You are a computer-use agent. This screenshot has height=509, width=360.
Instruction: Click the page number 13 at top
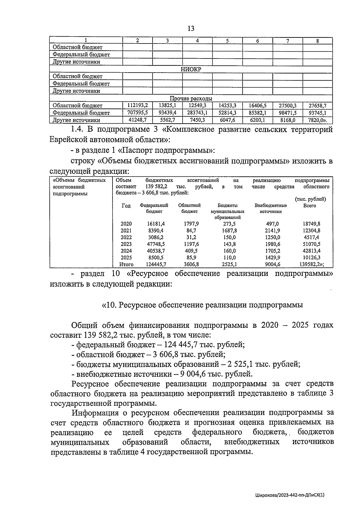click(x=191, y=28)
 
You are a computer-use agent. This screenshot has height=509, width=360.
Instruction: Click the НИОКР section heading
click(x=191, y=69)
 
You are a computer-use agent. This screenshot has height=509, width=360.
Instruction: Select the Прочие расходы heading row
click(x=191, y=98)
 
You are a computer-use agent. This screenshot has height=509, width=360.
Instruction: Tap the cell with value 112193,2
click(x=137, y=106)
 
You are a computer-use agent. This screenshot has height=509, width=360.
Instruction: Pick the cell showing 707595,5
click(x=137, y=113)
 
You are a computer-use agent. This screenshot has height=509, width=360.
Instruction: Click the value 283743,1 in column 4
click(x=197, y=113)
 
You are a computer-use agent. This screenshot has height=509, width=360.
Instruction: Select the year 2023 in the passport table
click(x=126, y=244)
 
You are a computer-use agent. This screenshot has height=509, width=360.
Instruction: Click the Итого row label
click(x=126, y=265)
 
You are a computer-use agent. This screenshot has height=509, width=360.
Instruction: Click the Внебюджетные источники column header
click(x=271, y=208)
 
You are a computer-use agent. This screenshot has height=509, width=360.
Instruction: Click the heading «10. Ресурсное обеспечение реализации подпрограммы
click(x=202, y=305)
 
